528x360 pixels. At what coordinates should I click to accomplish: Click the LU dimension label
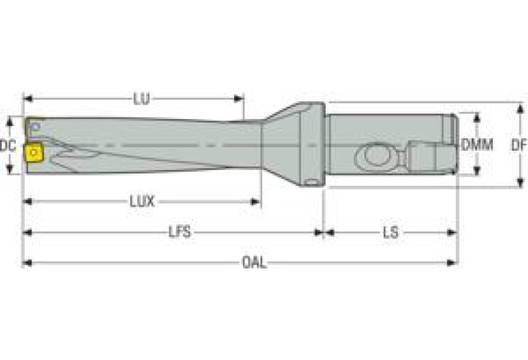141,99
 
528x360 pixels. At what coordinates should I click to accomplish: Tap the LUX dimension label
142,202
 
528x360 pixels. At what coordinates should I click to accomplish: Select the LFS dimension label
180,232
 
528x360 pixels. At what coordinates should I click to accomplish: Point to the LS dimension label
390,233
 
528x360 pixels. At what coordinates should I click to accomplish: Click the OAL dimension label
255,263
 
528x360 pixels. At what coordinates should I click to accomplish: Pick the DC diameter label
8,146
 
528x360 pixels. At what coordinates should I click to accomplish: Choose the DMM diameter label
477,145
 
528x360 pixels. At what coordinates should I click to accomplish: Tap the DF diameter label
519,145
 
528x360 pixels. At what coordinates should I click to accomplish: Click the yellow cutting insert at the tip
34,154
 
